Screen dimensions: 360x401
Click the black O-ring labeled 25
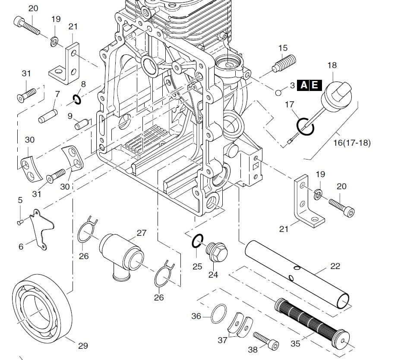tap(197, 242)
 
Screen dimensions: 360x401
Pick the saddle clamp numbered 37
tap(241, 323)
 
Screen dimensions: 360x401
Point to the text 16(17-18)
tap(352, 143)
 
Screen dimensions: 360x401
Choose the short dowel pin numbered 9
tap(81, 124)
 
